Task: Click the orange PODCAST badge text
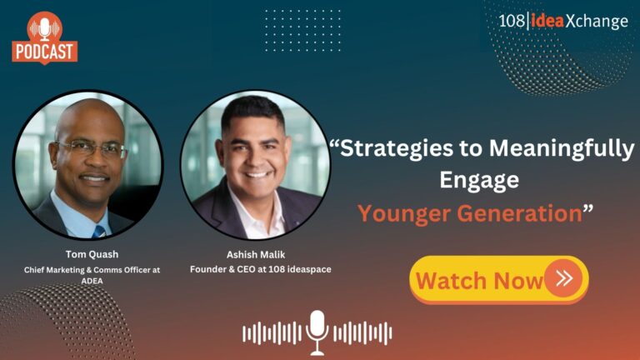click(x=45, y=52)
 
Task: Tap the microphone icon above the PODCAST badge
click(x=45, y=28)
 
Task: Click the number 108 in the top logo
click(x=512, y=21)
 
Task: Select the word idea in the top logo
click(x=547, y=21)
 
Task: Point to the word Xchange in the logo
click(x=597, y=21)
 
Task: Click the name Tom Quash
click(x=92, y=254)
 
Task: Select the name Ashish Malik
click(x=256, y=255)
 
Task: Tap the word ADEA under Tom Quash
click(x=92, y=281)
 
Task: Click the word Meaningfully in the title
click(x=562, y=148)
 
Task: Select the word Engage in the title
click(x=479, y=180)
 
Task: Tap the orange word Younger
click(x=403, y=213)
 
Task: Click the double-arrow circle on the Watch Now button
click(x=563, y=278)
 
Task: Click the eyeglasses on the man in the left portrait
click(x=92, y=148)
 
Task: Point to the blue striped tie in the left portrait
click(x=99, y=232)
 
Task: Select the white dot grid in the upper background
click(x=302, y=31)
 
